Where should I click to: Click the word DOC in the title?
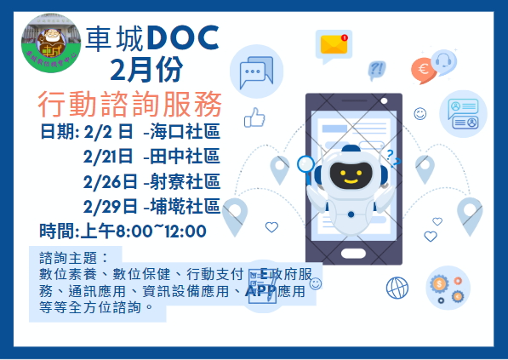pyautogui.click(x=182, y=36)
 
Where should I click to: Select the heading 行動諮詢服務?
pyautogui.click(x=130, y=104)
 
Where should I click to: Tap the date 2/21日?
pyautogui.click(x=109, y=156)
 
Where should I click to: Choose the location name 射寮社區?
pyautogui.click(x=185, y=180)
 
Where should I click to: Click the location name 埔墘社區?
pyautogui.click(x=185, y=205)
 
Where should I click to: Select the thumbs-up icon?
pyautogui.click(x=254, y=118)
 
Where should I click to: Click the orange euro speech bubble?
pyautogui.click(x=420, y=68)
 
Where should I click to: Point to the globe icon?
pyautogui.click(x=397, y=287)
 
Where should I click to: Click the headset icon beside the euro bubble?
pyautogui.click(x=443, y=60)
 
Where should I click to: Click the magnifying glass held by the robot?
pyautogui.click(x=305, y=164)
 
